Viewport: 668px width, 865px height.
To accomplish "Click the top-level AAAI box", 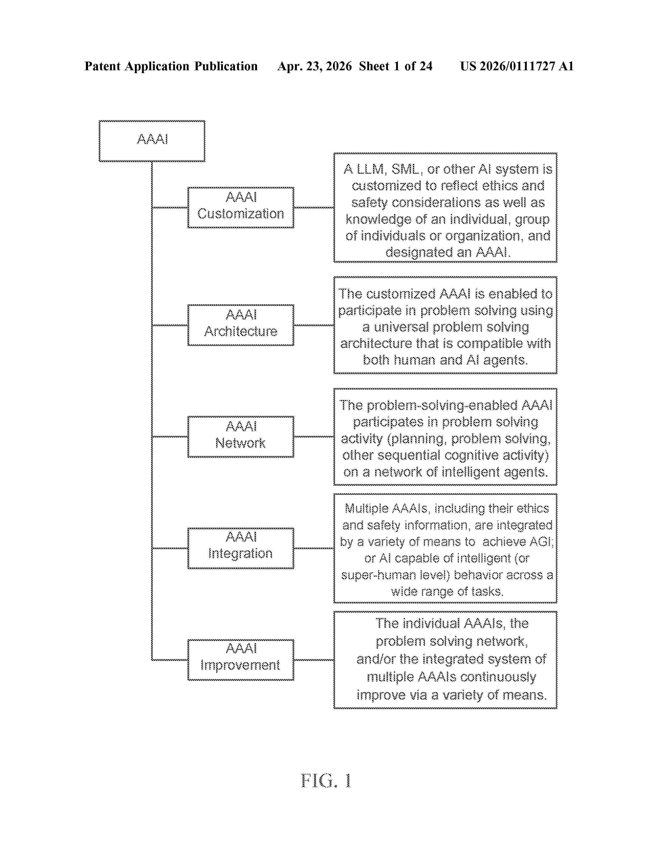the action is [x=152, y=141].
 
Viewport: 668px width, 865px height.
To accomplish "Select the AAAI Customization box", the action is [x=240, y=208].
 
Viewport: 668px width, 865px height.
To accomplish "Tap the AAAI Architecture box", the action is [x=240, y=325].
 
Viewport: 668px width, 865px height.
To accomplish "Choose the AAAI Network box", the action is [x=240, y=437].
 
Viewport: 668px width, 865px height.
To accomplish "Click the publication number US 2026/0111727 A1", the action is [x=517, y=66].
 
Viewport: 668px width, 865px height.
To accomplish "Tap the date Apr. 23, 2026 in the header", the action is [x=315, y=66].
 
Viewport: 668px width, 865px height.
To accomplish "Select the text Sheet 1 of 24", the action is [x=396, y=66].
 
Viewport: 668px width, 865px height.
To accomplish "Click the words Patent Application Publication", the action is [x=171, y=66].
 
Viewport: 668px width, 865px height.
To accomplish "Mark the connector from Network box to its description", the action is [x=314, y=437].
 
